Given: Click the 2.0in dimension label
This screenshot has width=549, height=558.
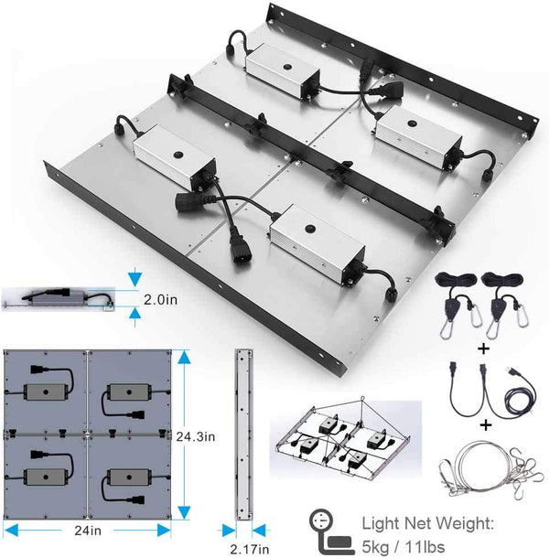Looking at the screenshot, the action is click(160, 300).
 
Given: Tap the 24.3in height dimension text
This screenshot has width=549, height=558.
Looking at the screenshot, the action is click(196, 436).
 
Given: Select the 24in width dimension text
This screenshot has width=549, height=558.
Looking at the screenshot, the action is click(88, 531).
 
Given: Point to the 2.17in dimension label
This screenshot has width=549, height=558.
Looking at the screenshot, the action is click(249, 549).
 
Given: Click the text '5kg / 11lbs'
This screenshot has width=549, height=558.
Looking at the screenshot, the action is click(404, 547).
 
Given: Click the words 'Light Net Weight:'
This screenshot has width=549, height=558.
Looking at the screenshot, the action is click(428, 523).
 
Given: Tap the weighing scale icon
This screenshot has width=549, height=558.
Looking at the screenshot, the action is click(330, 531).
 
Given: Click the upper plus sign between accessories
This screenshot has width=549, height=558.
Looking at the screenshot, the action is click(483, 349).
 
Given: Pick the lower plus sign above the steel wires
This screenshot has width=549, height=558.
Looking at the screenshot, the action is click(486, 425).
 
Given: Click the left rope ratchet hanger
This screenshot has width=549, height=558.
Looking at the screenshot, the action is click(459, 305).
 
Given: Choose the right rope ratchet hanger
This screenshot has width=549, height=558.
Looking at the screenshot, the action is click(506, 305).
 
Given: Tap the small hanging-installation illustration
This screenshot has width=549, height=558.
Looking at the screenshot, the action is click(345, 437).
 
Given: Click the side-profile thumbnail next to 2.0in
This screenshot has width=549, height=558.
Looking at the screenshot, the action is click(59, 298).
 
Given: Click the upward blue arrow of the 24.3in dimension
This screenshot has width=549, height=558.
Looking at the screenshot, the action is click(184, 357).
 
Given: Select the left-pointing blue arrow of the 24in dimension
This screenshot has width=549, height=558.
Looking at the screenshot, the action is click(11, 531).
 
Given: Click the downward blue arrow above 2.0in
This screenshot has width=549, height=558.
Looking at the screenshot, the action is click(135, 279).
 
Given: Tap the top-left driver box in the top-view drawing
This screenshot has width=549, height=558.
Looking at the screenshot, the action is click(46, 392).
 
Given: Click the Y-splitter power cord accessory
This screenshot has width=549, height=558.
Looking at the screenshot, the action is click(493, 390).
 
